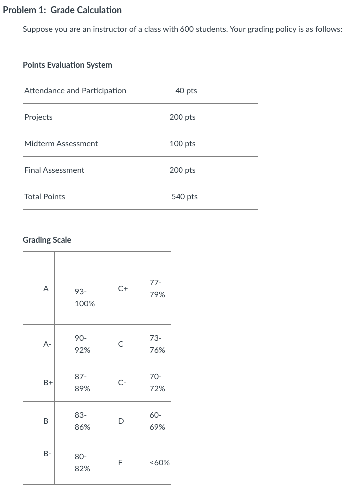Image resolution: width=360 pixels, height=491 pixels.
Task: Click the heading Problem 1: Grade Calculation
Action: pyautogui.click(x=62, y=10)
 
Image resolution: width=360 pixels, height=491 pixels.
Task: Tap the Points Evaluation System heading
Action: pyautogui.click(x=67, y=65)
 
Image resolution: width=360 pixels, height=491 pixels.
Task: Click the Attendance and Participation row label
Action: pyautogui.click(x=75, y=90)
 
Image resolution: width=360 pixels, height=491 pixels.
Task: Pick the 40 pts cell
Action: pyautogui.click(x=186, y=90)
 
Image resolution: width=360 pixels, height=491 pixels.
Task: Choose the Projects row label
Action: pyautogui.click(x=38, y=117)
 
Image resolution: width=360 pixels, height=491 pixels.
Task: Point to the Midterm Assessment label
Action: pyautogui.click(x=61, y=143)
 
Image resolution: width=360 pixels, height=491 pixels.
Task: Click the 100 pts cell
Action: pyautogui.click(x=182, y=143)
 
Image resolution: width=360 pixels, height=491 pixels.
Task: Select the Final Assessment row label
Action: pyautogui.click(x=54, y=170)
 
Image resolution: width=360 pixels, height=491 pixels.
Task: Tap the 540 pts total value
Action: pyautogui.click(x=184, y=196)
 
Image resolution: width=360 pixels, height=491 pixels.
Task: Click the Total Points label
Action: pyautogui.click(x=45, y=196)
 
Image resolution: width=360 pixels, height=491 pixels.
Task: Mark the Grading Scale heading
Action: pyautogui.click(x=47, y=240)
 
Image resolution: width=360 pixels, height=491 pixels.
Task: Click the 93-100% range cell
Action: pyautogui.click(x=84, y=297)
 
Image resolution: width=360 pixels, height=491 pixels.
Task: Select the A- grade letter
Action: pyautogui.click(x=47, y=344)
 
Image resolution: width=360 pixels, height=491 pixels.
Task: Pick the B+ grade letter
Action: pyautogui.click(x=48, y=382)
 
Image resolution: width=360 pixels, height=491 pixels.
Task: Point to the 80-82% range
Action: pyautogui.click(x=82, y=462)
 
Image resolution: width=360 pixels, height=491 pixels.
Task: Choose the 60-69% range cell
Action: pyautogui.click(x=157, y=421)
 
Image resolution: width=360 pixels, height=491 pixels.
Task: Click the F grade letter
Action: pyautogui.click(x=120, y=463)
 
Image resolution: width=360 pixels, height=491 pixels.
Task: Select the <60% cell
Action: pyautogui.click(x=159, y=463)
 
